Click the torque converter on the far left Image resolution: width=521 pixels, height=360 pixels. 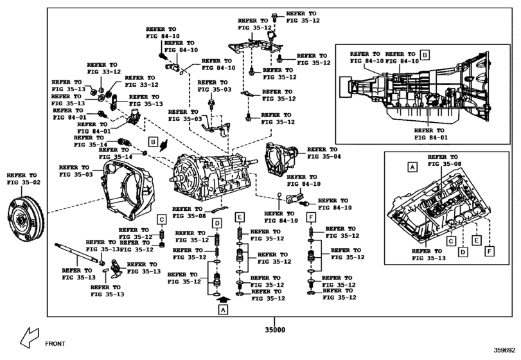(25, 222)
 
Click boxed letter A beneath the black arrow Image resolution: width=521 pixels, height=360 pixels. (223, 310)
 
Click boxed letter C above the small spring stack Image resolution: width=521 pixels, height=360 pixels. (163, 219)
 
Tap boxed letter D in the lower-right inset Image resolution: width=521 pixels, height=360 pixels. (463, 253)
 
